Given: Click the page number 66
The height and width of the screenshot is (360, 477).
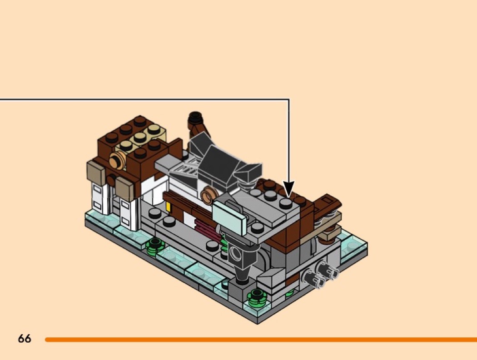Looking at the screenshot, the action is click(25, 338).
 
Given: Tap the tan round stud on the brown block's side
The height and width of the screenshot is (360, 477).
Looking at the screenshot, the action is click(117, 161).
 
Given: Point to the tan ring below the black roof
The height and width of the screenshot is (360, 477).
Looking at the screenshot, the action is click(209, 193).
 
